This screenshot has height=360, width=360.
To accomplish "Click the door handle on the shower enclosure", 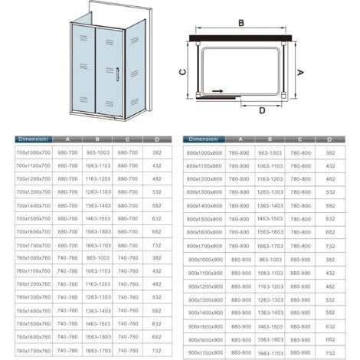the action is pyautogui.click(x=118, y=74).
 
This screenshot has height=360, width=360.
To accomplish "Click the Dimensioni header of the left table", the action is pyautogui.click(x=32, y=139).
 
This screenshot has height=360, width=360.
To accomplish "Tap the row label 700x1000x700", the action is pyautogui.click(x=32, y=152).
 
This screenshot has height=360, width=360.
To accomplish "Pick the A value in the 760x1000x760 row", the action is pyautogui.click(x=68, y=257).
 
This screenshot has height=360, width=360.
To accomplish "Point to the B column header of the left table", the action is pyautogui.click(x=97, y=139).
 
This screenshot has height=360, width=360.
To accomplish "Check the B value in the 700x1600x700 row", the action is pyautogui.click(x=97, y=231).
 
